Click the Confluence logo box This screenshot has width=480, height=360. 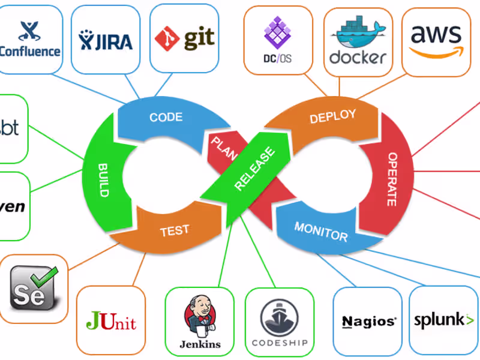(30, 39)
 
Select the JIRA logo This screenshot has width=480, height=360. (105, 39)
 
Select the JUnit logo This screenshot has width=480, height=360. (111, 321)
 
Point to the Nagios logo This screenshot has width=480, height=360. (368, 322)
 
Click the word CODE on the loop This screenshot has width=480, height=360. (166, 117)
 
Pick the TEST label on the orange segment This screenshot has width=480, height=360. (175, 230)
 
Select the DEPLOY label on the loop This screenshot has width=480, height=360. (332, 116)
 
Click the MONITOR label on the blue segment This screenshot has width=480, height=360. (320, 231)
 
